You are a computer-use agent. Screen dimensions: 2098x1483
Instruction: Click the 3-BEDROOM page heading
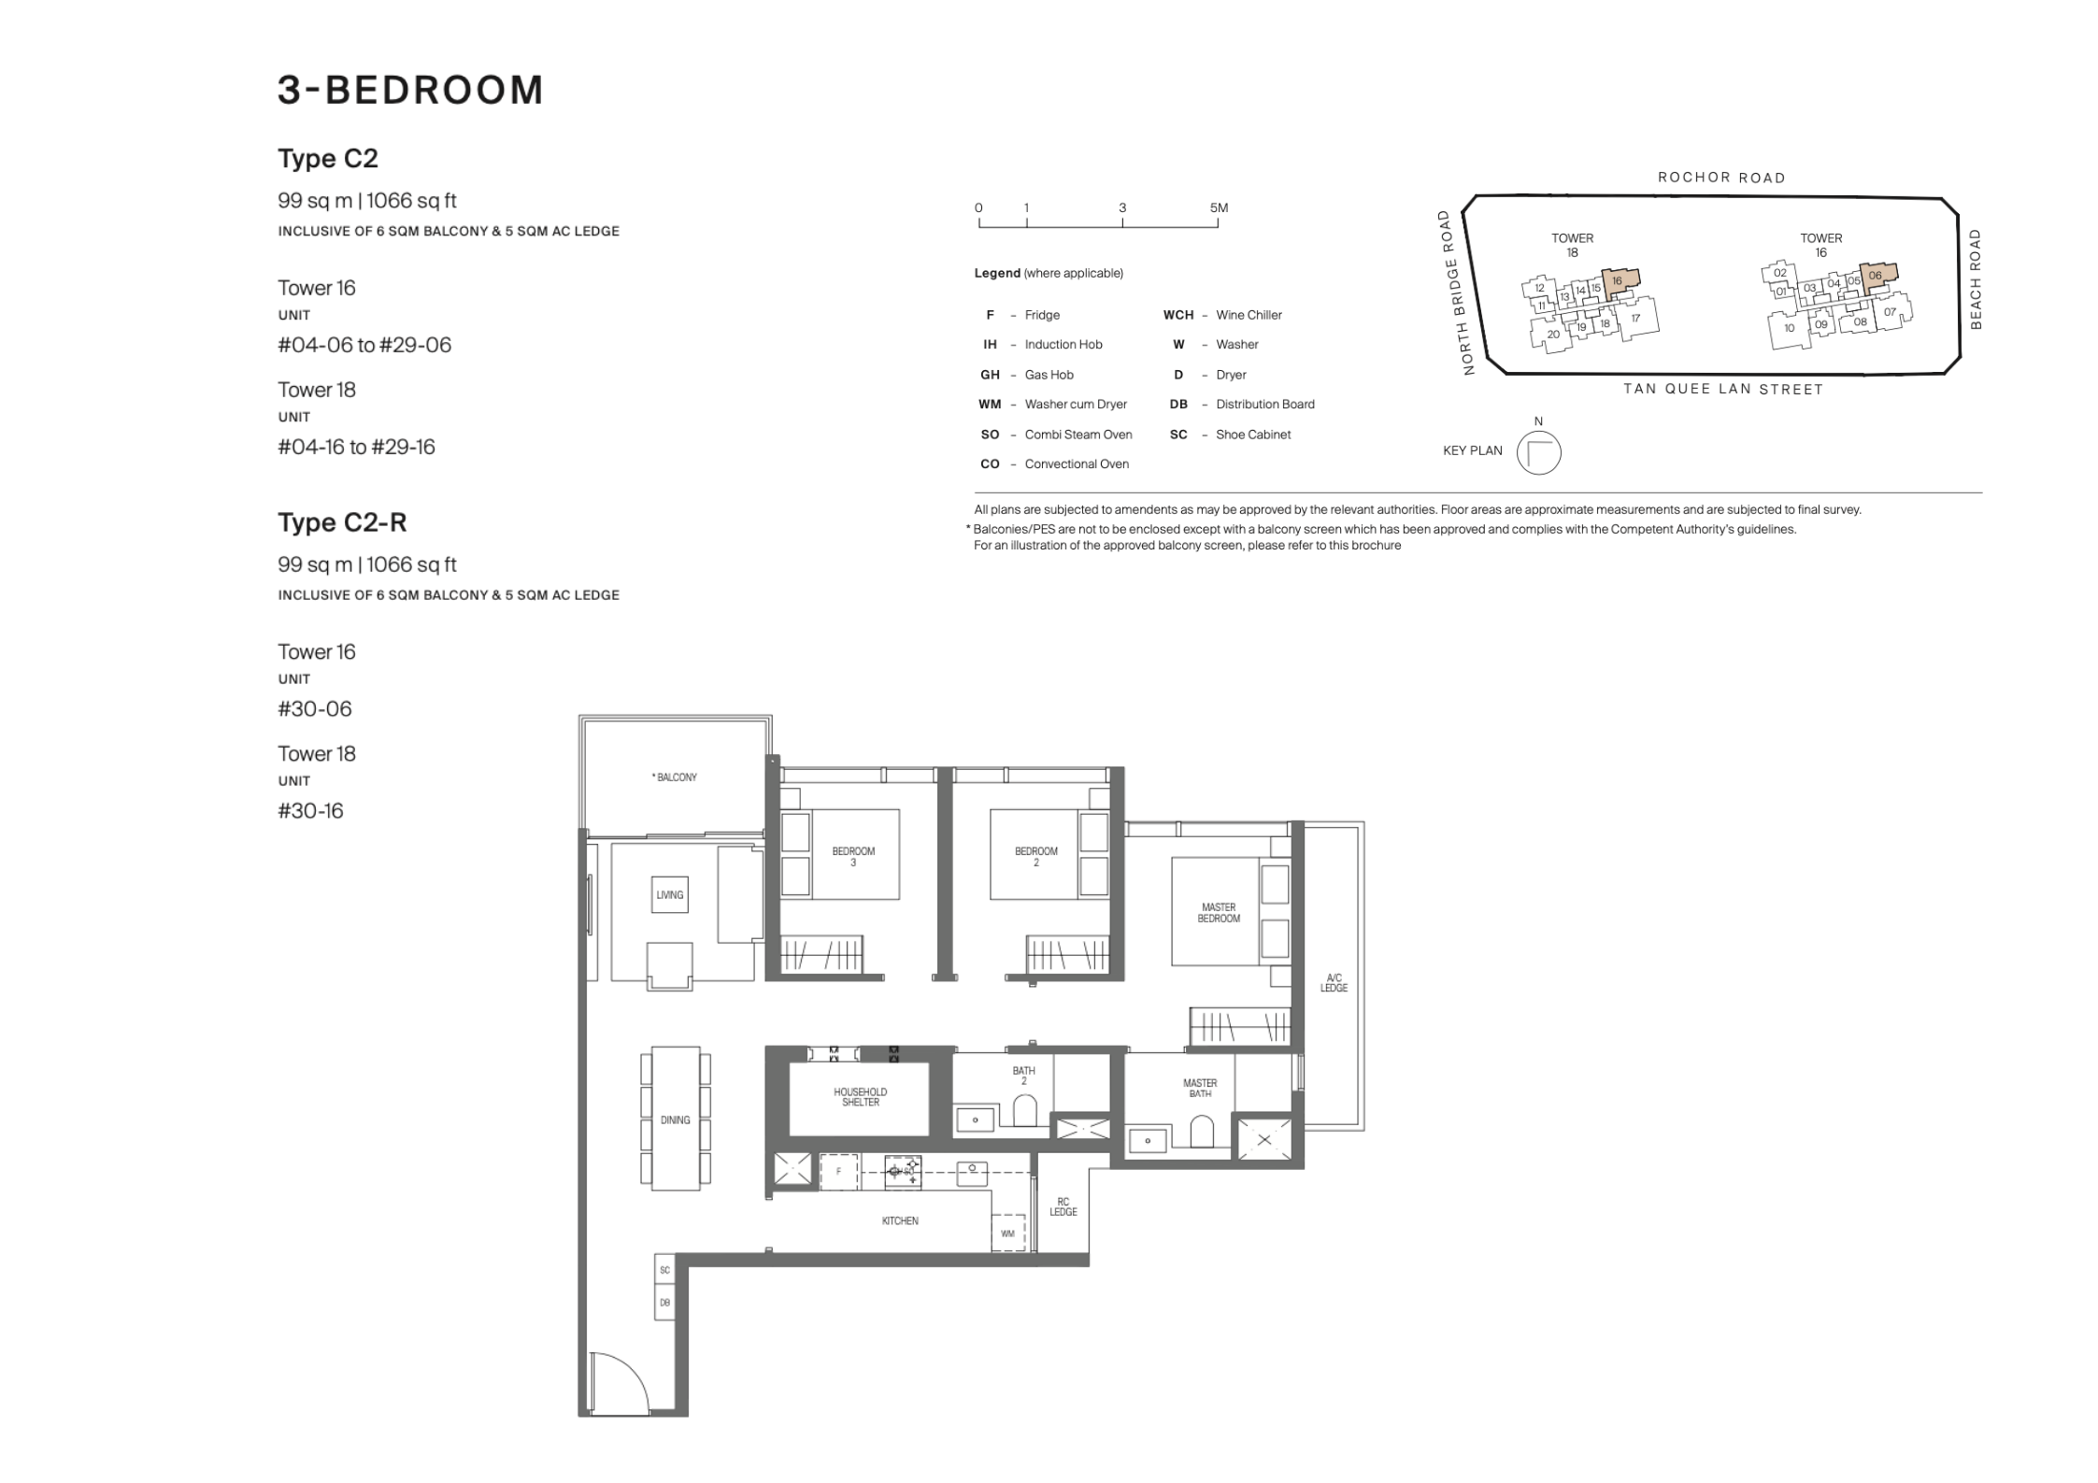(x=410, y=90)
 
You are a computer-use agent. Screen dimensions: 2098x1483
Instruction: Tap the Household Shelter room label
(x=860, y=1097)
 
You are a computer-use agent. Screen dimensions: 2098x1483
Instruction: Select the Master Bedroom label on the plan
(x=1219, y=913)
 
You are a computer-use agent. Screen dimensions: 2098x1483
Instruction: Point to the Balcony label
(x=675, y=777)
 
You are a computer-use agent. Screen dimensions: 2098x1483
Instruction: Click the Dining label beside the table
(x=675, y=1119)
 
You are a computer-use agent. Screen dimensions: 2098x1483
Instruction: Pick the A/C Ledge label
(x=1334, y=983)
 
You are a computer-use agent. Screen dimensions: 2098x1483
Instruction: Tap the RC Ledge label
(x=1063, y=1207)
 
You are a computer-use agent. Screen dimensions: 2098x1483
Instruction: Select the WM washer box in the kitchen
(x=1007, y=1233)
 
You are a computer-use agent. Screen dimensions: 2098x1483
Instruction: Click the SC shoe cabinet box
(x=664, y=1270)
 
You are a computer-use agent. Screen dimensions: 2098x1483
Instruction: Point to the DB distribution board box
(x=664, y=1303)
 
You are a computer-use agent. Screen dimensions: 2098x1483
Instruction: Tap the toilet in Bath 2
(x=1025, y=1112)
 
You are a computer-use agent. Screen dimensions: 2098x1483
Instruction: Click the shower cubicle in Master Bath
(x=1264, y=1139)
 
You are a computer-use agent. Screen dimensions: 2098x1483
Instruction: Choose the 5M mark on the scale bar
(x=1219, y=207)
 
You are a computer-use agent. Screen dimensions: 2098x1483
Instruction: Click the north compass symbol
(x=1538, y=453)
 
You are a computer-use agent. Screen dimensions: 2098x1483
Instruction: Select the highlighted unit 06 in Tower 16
(x=1878, y=278)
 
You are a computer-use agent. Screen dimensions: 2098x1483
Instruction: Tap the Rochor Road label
(x=1721, y=178)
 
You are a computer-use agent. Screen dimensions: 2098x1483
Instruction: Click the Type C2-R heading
(x=342, y=522)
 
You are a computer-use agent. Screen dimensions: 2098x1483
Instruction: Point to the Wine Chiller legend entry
(x=1222, y=315)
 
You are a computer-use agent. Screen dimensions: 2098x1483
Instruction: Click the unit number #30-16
(x=310, y=811)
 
